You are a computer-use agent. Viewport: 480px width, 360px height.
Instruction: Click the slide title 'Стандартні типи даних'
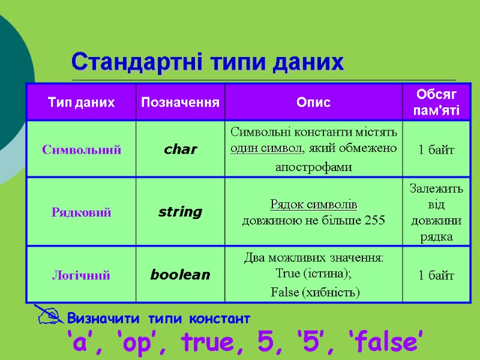click(208, 61)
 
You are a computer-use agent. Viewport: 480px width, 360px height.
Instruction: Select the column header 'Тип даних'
click(81, 102)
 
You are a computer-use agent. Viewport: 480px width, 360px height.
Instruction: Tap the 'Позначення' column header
click(180, 102)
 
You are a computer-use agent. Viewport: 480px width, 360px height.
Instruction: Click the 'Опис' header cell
click(313, 102)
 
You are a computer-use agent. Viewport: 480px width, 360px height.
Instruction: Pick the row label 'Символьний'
click(81, 149)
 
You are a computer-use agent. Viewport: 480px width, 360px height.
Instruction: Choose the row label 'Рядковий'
click(81, 212)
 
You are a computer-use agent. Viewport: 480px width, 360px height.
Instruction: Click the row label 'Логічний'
click(81, 275)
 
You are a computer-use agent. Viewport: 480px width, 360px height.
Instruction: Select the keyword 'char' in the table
click(180, 149)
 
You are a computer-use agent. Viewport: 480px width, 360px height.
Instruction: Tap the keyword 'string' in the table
click(180, 212)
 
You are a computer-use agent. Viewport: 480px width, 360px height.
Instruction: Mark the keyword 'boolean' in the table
click(180, 275)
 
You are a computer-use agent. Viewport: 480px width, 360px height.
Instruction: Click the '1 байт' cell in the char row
click(437, 149)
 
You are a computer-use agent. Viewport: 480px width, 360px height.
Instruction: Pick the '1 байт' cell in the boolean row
click(437, 275)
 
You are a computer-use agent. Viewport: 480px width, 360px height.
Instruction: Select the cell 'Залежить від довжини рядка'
click(437, 212)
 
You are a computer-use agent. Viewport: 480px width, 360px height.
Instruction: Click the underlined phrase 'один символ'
click(266, 148)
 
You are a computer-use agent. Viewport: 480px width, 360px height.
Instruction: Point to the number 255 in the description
click(374, 220)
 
